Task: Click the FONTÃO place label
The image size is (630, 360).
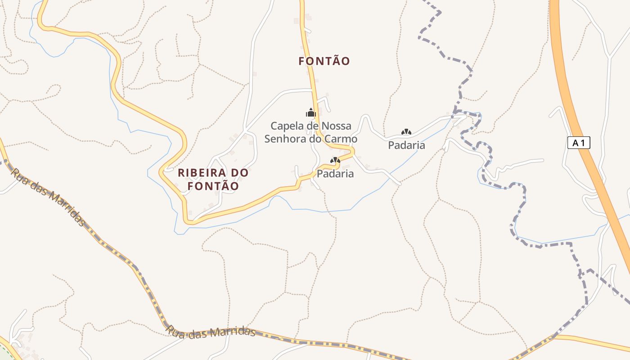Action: coord(324,61)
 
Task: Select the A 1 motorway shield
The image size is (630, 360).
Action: coord(579,143)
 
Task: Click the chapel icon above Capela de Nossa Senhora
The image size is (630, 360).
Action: coord(311,112)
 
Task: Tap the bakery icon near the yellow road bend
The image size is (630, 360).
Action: coord(335,160)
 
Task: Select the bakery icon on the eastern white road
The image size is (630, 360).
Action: coord(406,132)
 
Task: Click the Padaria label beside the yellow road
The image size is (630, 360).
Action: coord(335,174)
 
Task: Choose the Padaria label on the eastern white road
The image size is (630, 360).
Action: coord(406,145)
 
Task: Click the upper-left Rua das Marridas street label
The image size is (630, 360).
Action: coord(48,197)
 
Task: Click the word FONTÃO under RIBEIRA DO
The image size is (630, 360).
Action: coord(213,186)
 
